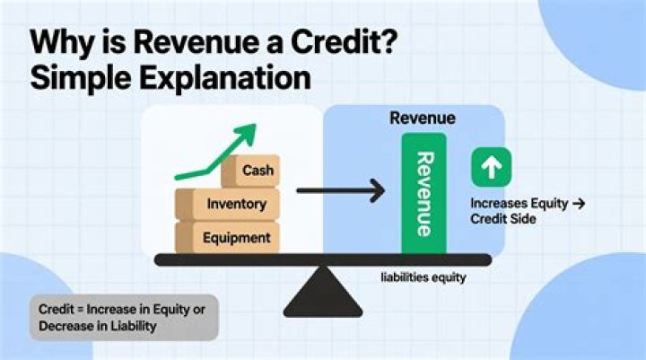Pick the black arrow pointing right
[340, 190]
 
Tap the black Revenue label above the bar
[422, 118]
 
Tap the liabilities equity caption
[422, 277]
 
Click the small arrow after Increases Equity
[578, 204]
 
